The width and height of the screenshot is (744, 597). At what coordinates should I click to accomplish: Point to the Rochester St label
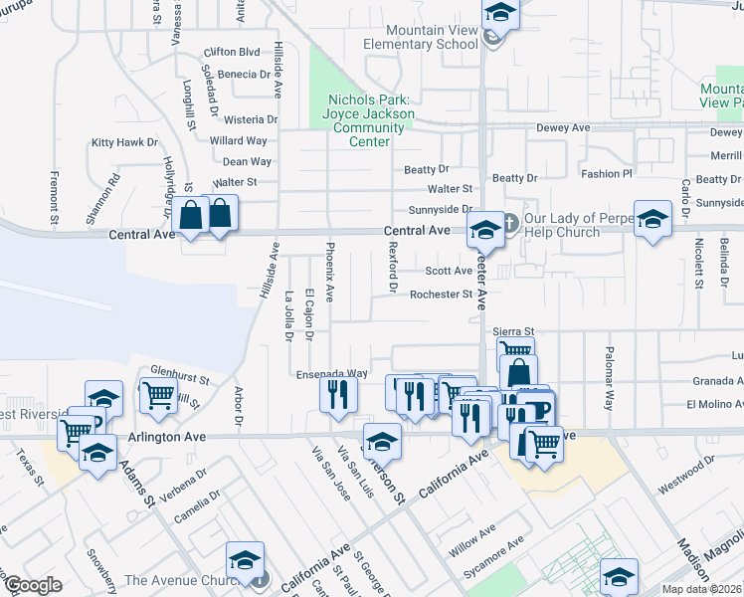coord(441,295)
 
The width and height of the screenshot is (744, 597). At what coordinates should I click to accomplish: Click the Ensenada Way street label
coord(332,374)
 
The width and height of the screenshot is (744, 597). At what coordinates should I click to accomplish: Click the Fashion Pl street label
coord(607,173)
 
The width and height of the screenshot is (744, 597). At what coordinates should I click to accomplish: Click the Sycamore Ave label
coord(502,549)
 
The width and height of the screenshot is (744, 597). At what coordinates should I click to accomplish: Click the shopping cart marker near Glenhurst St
coord(159,395)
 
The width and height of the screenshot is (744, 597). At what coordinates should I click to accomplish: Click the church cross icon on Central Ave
coord(509,221)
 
